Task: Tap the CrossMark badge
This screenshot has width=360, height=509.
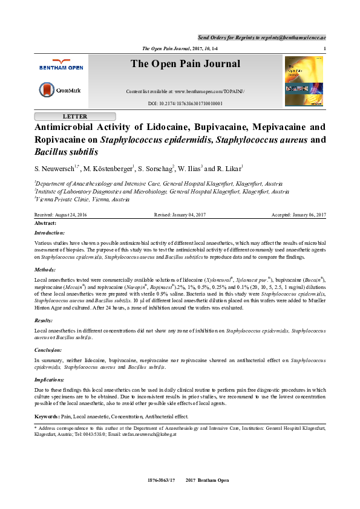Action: (59, 91)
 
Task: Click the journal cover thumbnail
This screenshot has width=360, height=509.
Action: (304, 81)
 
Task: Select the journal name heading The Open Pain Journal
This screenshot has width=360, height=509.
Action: (185, 64)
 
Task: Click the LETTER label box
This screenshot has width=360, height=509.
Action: (74, 116)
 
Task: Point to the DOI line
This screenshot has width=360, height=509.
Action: (185, 103)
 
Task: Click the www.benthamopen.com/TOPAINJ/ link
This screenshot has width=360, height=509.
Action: (209, 91)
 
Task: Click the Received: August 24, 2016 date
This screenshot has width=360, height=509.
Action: (61, 215)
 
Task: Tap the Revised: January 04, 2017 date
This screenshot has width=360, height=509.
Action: (180, 215)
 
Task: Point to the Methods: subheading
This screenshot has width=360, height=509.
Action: (45, 270)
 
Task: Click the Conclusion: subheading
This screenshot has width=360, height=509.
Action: (49, 349)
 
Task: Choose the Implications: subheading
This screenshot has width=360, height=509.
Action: (50, 379)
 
